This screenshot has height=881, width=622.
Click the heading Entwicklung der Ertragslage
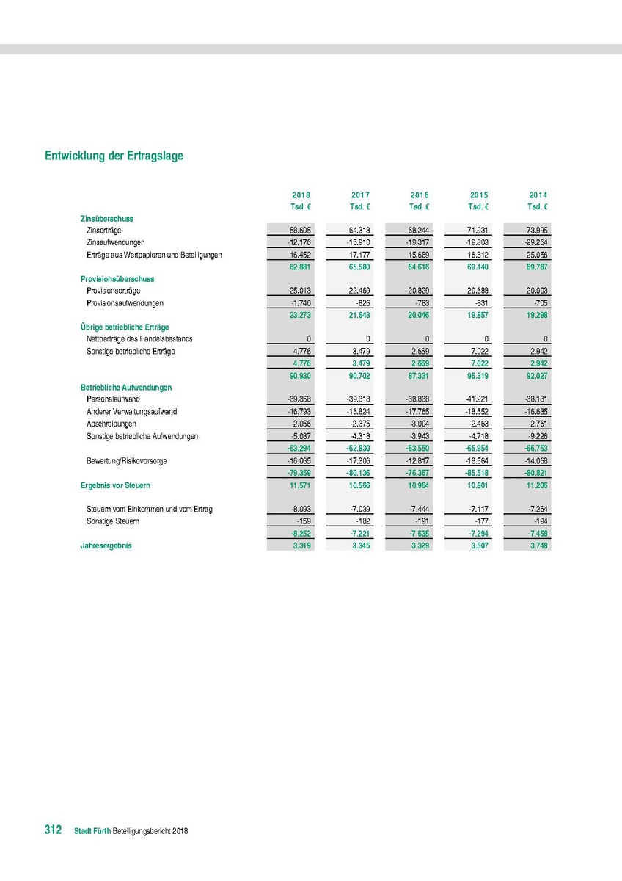(x=114, y=156)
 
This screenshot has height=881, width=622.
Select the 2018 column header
(x=301, y=195)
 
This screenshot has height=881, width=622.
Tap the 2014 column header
(x=538, y=195)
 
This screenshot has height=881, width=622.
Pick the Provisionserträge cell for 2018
(x=300, y=291)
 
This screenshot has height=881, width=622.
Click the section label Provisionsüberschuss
(x=117, y=279)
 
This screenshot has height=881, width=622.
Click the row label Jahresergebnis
(x=106, y=545)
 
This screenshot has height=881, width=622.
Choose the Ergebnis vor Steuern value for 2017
(x=359, y=485)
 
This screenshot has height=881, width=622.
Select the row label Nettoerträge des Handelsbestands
(x=139, y=339)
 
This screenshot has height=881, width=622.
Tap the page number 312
(x=53, y=830)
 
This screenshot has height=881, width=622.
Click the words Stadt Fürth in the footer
(x=92, y=831)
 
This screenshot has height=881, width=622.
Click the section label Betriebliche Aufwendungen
(x=125, y=387)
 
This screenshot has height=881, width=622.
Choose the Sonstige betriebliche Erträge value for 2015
(x=479, y=352)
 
